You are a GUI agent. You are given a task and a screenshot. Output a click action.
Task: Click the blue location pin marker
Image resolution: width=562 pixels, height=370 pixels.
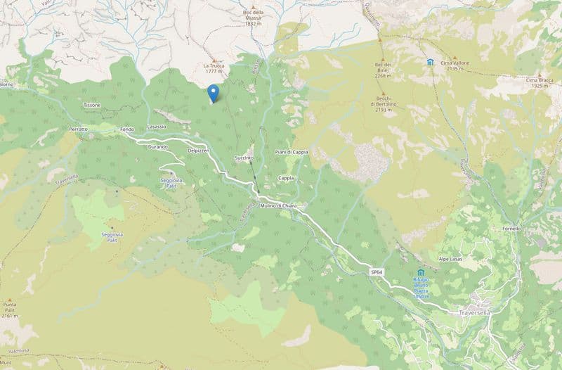point(214,93)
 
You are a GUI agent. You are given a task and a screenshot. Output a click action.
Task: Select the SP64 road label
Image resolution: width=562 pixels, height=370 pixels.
point(377,272)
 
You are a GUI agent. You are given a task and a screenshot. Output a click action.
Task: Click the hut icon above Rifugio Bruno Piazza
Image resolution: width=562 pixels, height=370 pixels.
point(421,272)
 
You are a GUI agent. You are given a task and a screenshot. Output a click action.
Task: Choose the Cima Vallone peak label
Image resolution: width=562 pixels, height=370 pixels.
point(455,63)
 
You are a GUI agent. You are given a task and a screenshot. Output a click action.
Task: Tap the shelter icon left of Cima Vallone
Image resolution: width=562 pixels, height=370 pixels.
point(429,63)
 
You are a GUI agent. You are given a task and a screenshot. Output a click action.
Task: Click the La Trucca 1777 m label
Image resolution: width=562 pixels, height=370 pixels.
point(214,68)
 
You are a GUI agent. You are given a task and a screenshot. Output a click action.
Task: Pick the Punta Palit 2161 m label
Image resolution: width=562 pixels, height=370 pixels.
point(10,310)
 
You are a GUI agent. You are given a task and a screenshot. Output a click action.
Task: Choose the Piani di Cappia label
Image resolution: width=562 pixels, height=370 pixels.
point(292,153)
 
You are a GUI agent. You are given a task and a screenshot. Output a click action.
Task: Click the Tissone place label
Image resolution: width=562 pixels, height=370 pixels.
point(92,105)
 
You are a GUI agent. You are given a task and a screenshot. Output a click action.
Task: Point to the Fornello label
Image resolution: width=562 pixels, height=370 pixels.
point(511,229)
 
